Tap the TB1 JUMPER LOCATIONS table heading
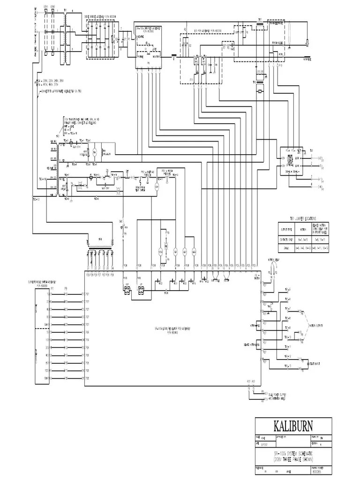pyautogui.click(x=303, y=218)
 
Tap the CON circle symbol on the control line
pyautogui.click(x=157, y=187)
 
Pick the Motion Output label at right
pyautogui.click(x=315, y=325)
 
